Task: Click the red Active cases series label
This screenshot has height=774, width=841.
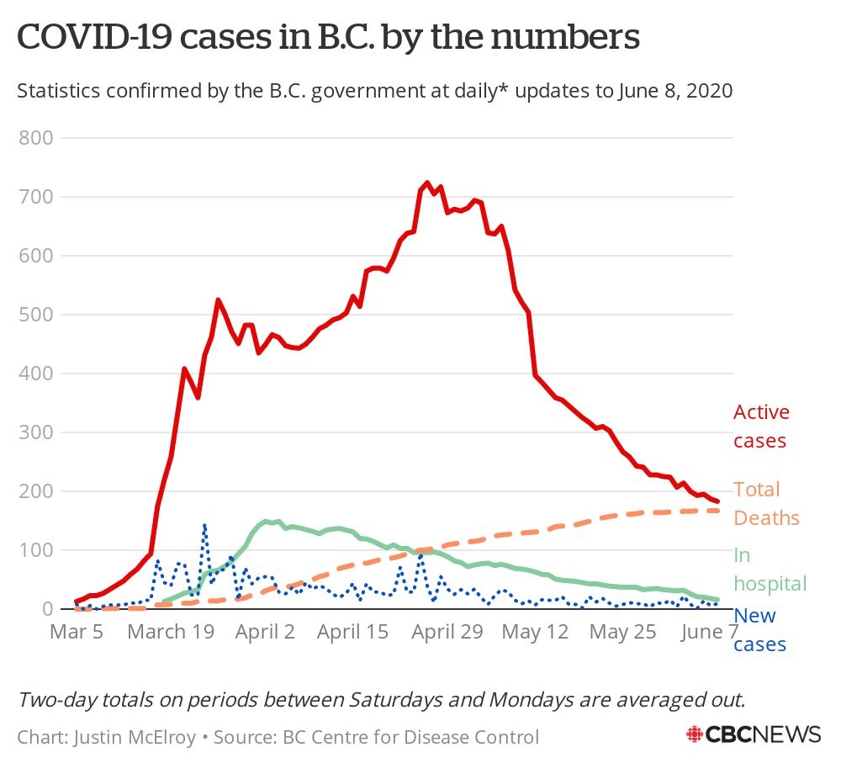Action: (761, 427)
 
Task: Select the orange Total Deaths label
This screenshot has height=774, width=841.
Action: (766, 503)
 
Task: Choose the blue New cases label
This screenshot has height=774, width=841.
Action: (759, 630)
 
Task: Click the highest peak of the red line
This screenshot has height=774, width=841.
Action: (426, 183)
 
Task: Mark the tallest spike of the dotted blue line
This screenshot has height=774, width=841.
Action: (204, 526)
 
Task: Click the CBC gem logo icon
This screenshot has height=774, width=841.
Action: (696, 734)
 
